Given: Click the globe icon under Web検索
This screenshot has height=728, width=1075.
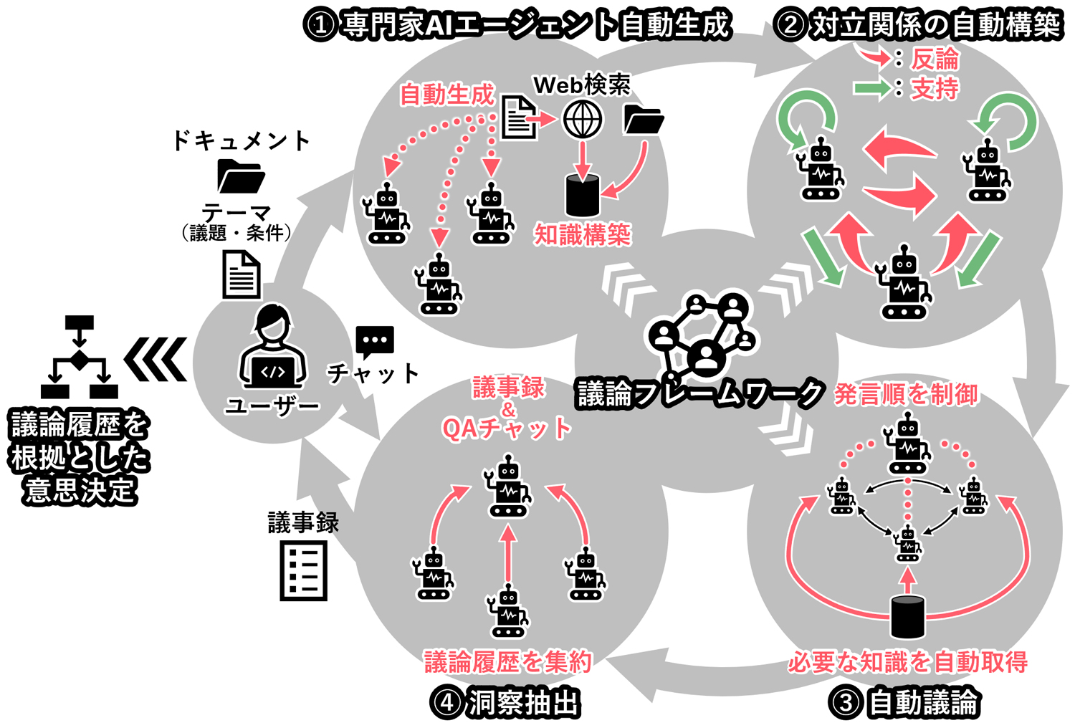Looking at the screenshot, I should pos(582,119).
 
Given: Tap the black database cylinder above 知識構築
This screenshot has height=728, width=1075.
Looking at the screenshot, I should pos(583,196).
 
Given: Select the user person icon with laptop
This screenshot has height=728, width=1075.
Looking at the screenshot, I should pos(272,348).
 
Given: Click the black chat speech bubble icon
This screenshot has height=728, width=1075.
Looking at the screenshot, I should pos(374,342).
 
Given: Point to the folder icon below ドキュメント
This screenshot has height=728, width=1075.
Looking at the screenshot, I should pos(240,176).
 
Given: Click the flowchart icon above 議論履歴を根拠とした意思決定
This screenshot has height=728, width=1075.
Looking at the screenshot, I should pos(79,357).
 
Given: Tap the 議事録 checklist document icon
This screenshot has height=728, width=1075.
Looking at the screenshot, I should pos(303,570).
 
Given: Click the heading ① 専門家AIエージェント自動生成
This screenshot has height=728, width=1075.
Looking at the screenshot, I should pos(517,25).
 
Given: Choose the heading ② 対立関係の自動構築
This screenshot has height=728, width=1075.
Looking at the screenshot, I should pos(919,25).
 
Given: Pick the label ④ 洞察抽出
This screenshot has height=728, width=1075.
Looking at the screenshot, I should pos(506,702).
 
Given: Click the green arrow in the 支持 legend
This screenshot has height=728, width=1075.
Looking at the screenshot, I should pos(871,88).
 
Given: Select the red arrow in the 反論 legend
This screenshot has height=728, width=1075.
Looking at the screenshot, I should pos(874,57).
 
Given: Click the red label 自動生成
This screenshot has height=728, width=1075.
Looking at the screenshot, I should pos(447,94).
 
